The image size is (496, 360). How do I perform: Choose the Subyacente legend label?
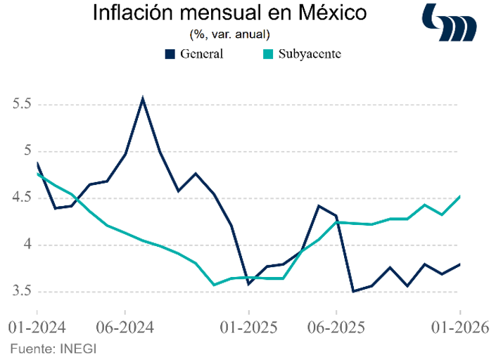(x=308, y=53)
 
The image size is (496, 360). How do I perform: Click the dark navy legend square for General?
(x=170, y=53)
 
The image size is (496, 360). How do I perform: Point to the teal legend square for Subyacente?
(x=269, y=53)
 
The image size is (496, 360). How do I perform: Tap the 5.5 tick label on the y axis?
(x=23, y=104)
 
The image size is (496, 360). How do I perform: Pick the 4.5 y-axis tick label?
(x=23, y=198)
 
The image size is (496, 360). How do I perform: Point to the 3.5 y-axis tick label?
(x=23, y=292)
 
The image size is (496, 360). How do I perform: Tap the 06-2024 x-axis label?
(x=125, y=328)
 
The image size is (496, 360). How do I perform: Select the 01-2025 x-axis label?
(x=248, y=328)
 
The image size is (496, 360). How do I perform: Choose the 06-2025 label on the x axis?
(x=336, y=328)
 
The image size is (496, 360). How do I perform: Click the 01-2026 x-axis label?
(x=459, y=328)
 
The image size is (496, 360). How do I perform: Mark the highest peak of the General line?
(x=143, y=98)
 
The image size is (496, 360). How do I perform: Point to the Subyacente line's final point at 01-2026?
(x=459, y=196)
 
